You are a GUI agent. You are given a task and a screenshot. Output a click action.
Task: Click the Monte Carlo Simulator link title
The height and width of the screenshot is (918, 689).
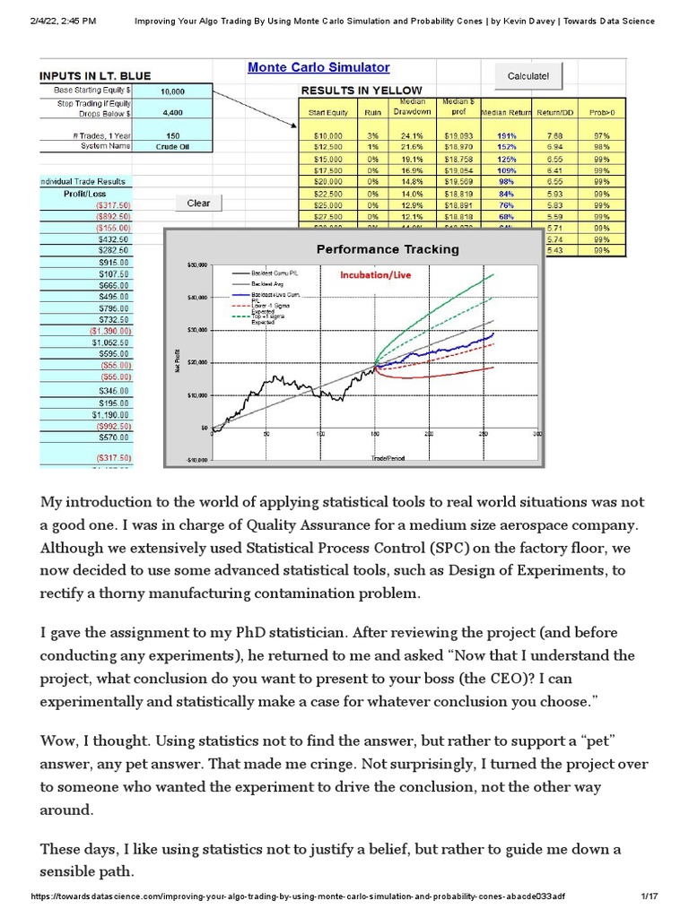tap(318, 67)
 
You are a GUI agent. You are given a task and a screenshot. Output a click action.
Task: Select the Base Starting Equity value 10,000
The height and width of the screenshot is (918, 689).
tap(172, 91)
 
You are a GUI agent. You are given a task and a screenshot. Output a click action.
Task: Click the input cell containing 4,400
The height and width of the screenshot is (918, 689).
tap(172, 113)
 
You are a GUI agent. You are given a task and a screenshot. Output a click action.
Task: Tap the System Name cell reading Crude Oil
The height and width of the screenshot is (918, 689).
tap(172, 145)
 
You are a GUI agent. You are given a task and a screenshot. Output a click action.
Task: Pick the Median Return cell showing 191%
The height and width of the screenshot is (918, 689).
tap(505, 134)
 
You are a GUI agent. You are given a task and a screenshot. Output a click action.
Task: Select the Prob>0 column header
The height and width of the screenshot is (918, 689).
tap(602, 113)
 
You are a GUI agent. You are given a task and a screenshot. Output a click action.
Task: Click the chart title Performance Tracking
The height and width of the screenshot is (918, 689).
tap(387, 248)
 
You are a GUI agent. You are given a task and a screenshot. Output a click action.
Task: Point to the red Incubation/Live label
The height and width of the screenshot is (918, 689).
tap(375, 275)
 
